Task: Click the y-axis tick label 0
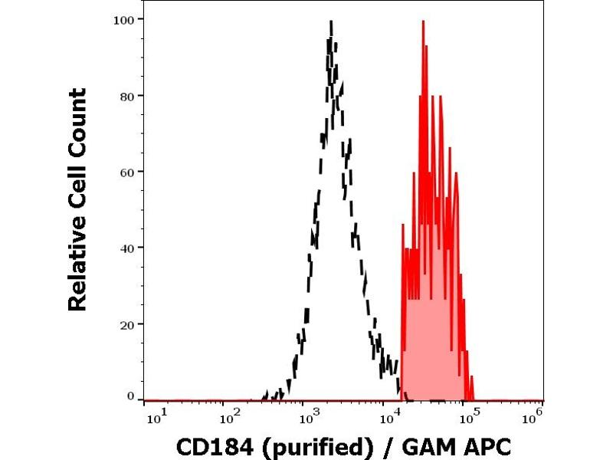coord(131,396)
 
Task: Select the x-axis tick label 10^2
coord(228,416)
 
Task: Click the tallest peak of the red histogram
coord(423,21)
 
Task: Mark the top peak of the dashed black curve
coord(331,23)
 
